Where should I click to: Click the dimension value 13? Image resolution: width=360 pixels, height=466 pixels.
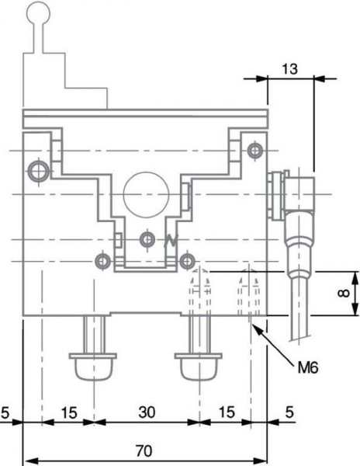click(x=289, y=69)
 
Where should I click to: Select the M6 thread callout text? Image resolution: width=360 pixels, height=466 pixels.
click(x=308, y=368)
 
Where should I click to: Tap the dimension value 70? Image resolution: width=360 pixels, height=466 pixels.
click(x=144, y=450)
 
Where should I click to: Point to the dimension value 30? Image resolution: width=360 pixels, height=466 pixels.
click(x=147, y=412)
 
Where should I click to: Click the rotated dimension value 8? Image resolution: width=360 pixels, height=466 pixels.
click(x=344, y=294)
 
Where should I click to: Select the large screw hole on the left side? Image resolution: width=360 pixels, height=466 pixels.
click(x=39, y=172)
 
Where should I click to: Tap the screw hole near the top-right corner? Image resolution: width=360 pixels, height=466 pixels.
click(x=255, y=151)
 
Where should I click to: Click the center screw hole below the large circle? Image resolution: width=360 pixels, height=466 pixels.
click(x=147, y=239)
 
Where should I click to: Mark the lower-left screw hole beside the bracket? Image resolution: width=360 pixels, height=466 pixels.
click(x=102, y=262)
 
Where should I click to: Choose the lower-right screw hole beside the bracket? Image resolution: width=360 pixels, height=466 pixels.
click(x=187, y=262)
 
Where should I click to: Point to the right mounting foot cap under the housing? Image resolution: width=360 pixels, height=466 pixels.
click(x=199, y=367)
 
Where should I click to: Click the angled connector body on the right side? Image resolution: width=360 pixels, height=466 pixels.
click(x=299, y=193)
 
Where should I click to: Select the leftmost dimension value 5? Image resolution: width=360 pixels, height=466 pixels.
click(x=5, y=412)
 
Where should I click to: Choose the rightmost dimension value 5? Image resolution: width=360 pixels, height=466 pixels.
click(x=289, y=412)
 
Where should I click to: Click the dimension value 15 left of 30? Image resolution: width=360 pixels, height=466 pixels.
click(x=69, y=412)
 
